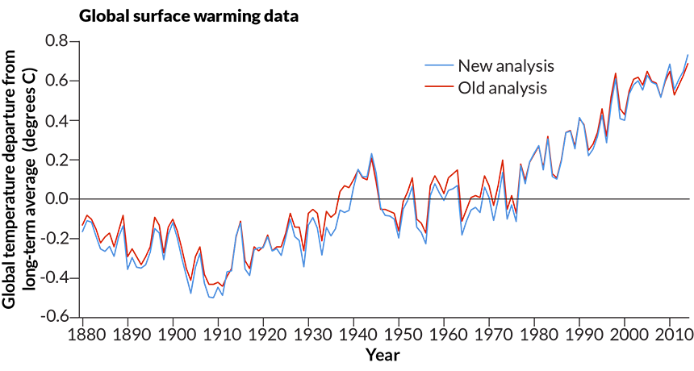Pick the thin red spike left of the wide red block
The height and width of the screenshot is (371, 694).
coord(372,173)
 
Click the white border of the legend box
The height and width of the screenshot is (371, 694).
coord(436,59)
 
